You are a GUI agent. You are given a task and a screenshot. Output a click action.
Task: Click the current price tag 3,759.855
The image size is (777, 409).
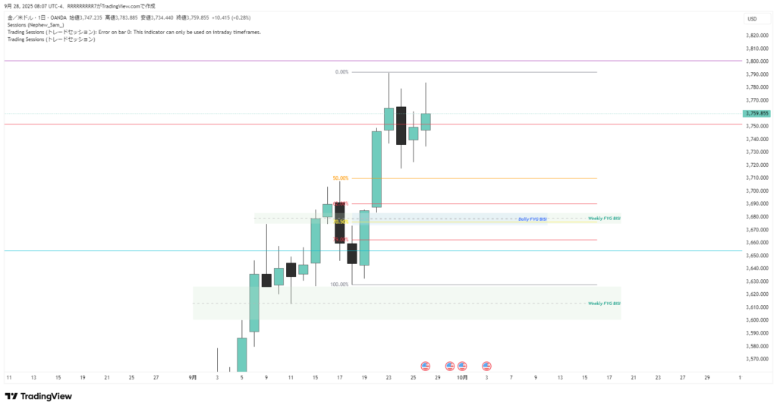(757, 113)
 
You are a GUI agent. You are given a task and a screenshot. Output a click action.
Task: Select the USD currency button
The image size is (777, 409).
(752, 19)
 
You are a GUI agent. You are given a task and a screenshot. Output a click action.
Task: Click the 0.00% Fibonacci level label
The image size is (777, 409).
(341, 72)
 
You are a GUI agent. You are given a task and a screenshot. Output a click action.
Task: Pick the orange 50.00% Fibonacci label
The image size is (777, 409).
(340, 178)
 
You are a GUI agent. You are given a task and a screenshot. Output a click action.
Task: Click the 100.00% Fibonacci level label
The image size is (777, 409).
(339, 285)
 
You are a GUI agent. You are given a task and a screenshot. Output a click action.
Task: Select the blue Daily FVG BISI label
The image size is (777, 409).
(533, 219)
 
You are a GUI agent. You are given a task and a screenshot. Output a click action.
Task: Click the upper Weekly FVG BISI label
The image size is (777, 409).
(604, 219)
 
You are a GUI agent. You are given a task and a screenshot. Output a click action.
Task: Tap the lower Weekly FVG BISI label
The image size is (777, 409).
(604, 303)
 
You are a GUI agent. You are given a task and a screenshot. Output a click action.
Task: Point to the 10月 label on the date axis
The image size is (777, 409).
(463, 377)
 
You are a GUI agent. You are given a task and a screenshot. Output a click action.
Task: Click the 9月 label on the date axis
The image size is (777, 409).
(193, 377)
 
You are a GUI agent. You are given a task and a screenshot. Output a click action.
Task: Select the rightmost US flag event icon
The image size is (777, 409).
(486, 366)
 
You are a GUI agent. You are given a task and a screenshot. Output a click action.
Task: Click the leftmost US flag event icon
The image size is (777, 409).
(425, 366)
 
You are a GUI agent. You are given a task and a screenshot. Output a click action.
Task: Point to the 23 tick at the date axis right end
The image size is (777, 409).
(658, 377)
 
